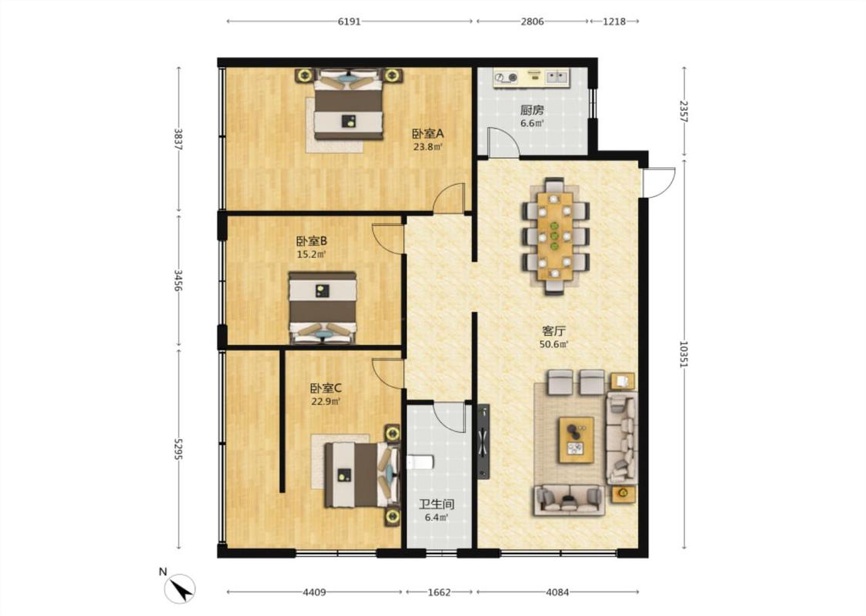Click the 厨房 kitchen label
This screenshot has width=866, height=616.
tap(532, 110)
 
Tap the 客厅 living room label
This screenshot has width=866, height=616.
tap(554, 331)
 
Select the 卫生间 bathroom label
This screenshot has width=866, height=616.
tap(436, 504)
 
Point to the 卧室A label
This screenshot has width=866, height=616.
tap(428, 134)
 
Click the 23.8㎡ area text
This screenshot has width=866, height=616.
tap(428, 147)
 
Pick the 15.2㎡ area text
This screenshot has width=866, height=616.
tap(312, 255)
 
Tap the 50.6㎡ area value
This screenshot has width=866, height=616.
tap(554, 344)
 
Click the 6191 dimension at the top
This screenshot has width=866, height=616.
tap(349, 22)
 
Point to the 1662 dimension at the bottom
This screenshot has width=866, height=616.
tap(440, 592)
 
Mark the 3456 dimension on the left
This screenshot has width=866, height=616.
tap(179, 280)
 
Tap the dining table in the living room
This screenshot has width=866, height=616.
tap(556, 236)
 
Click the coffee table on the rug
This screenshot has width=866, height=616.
tap(576, 440)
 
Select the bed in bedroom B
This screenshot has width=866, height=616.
tap(323, 308)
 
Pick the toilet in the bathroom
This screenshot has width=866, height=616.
tap(420, 462)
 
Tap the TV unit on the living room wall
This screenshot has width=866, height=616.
tap(484, 441)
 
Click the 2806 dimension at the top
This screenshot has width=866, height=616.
tap(533, 22)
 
